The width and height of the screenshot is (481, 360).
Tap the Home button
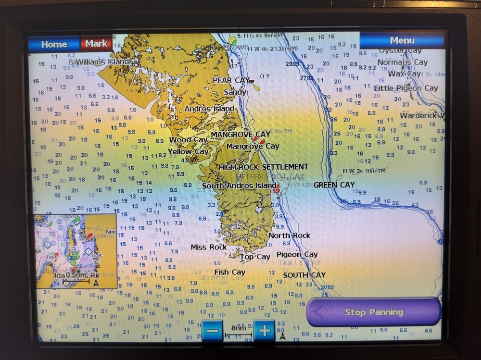[x=54, y=44]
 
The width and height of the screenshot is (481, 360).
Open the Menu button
[x=402, y=40]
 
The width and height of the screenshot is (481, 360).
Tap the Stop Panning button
[x=374, y=312]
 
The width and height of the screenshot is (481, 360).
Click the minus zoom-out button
[x=212, y=331]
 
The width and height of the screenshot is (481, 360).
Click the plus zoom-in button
[x=264, y=331]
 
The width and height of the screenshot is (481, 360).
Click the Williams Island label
[x=102, y=62]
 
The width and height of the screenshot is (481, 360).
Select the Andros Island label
[x=209, y=109]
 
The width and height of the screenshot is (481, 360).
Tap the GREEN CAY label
[x=334, y=185]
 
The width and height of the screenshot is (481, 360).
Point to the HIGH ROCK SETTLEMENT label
[x=264, y=167]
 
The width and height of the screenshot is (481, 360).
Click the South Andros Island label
[x=239, y=186]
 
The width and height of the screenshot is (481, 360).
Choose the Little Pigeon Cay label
[x=406, y=88]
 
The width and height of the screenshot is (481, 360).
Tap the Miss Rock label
[x=208, y=247]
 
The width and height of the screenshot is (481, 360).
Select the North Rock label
[x=289, y=236]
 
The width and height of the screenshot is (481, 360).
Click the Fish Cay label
[x=229, y=272]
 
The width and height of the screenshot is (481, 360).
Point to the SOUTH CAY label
[x=304, y=275]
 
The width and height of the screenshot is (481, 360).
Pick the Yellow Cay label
[x=188, y=151]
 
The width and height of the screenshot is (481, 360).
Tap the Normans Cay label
[x=402, y=62]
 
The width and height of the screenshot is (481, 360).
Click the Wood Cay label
[x=188, y=140]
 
